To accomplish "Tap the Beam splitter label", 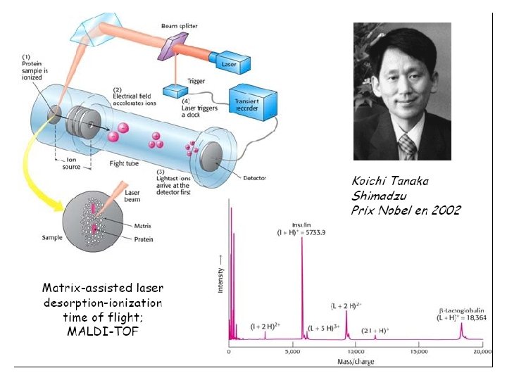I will point(179,26).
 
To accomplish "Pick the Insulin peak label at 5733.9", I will point(302,227).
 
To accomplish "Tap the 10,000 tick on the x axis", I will point(355,351).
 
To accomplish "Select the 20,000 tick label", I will point(481,351).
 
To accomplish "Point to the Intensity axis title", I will point(220,274).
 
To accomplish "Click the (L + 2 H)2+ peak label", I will point(347,306).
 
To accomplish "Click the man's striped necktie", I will point(408,146).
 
